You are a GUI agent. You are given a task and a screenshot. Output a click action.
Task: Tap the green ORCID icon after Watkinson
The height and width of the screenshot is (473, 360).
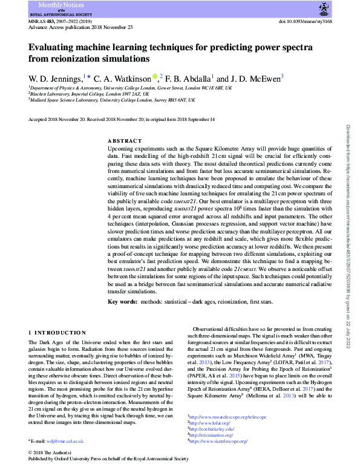coord(155,76)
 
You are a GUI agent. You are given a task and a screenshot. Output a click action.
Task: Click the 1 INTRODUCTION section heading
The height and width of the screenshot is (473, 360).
coord(57,333)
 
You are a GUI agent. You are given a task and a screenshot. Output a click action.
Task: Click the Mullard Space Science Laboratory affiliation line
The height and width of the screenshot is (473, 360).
coord(112,100)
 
